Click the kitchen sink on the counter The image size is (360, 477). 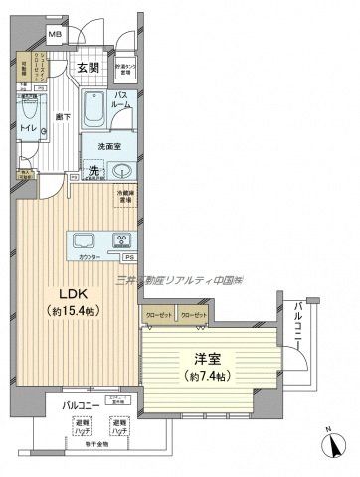tap(81, 241)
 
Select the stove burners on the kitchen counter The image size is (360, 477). tap(122, 241)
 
